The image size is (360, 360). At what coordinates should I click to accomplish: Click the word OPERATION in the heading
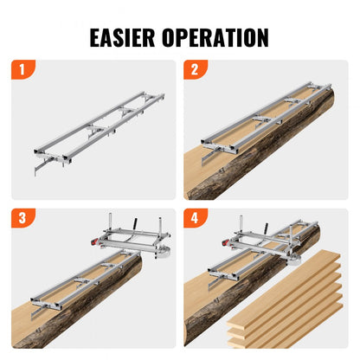(x=219, y=37)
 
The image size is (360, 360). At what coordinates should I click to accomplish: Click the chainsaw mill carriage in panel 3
(x=130, y=238)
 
